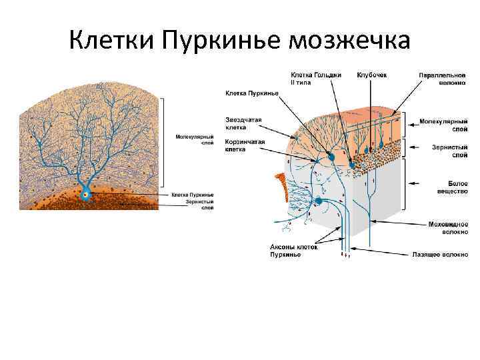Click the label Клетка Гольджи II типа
tap(316, 79)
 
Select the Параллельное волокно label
tap(443, 79)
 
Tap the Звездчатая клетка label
tap(243, 123)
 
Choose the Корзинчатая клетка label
tap(245, 146)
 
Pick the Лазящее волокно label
tap(440, 254)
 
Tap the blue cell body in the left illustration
tap(85, 195)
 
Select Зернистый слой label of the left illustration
tap(197, 205)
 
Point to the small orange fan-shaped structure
tap(283, 185)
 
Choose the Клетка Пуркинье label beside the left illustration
tap(193, 195)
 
